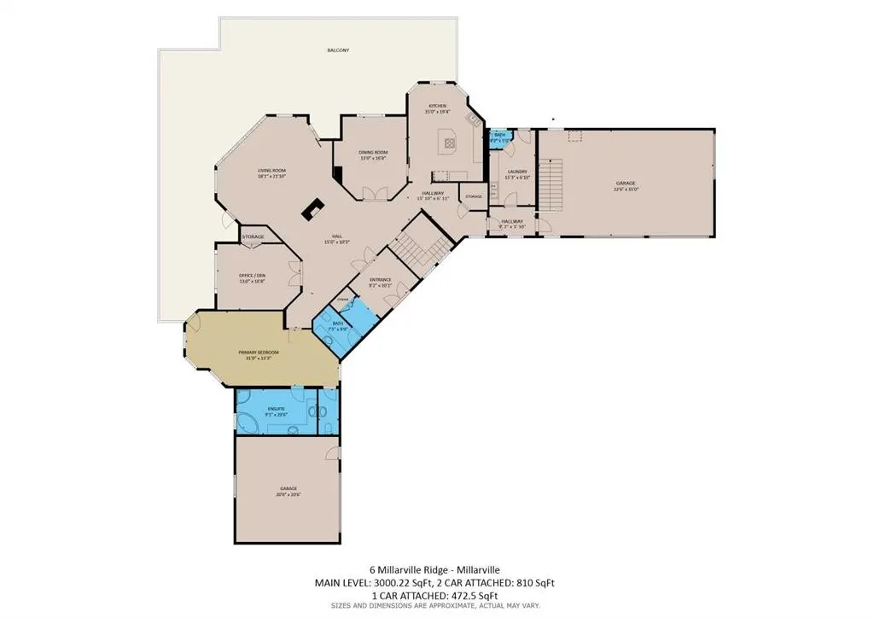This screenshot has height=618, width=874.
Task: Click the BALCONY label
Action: (338, 51)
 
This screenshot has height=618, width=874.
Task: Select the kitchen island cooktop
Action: (447, 142)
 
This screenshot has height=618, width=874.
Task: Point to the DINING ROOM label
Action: (373, 154)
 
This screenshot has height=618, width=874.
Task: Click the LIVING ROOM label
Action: (271, 174)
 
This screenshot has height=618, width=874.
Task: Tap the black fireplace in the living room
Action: (312, 209)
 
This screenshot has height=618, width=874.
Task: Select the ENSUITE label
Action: (276, 411)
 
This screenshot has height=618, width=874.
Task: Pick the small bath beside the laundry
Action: (499, 137)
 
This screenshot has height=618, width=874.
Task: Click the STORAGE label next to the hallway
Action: (473, 197)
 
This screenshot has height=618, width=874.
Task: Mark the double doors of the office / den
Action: (294, 275)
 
